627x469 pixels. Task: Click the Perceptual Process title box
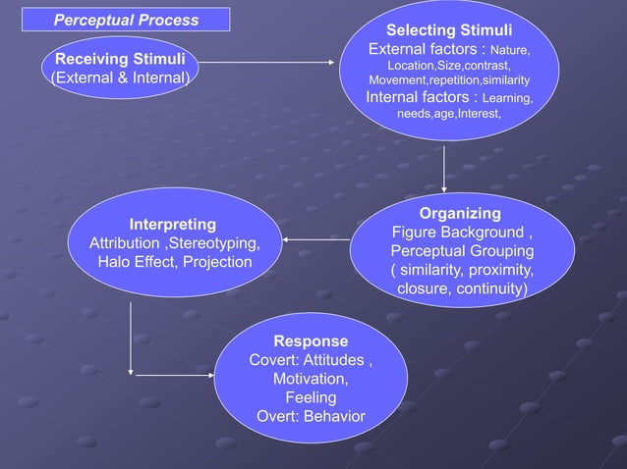coord(125,20)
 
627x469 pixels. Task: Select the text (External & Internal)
coord(119,78)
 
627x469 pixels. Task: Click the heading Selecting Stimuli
coord(448,30)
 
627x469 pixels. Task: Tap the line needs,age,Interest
coord(448,115)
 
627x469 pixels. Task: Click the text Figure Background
coord(458,233)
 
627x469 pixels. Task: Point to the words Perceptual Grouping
coord(462,251)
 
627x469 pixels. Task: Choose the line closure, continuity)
coord(462,289)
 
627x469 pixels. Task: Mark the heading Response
coord(311,341)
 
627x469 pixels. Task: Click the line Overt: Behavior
coord(311,417)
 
